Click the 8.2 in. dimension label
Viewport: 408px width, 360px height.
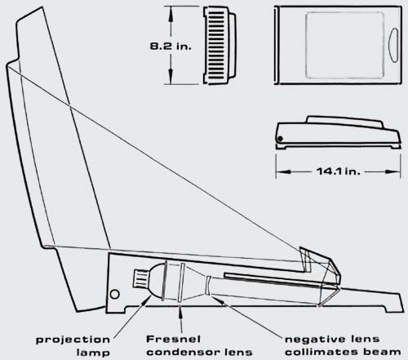(x=171, y=46)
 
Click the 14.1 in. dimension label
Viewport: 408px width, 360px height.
(x=339, y=171)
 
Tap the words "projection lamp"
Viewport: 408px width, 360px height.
(x=73, y=346)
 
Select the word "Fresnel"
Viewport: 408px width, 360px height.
(x=174, y=339)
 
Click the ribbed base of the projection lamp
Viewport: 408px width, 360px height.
(x=141, y=278)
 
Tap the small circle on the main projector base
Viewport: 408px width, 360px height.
(x=115, y=294)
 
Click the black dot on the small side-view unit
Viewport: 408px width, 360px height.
(x=280, y=139)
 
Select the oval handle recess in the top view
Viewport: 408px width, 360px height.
(x=393, y=45)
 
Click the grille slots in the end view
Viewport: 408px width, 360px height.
(x=217, y=45)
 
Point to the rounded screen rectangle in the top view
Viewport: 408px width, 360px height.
(x=344, y=45)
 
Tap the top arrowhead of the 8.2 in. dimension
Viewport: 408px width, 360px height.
(x=171, y=11)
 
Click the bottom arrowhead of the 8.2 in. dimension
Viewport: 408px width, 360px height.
(x=171, y=78)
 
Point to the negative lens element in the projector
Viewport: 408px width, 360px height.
(x=207, y=285)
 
